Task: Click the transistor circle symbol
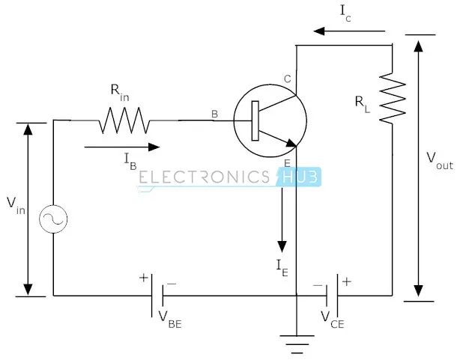pos(267,120)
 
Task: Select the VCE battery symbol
pos(334,295)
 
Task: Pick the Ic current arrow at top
pos(350,31)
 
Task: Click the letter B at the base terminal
pos(215,114)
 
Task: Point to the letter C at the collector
pos(287,79)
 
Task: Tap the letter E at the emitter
pos(287,163)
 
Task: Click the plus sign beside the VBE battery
pos(143,277)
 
